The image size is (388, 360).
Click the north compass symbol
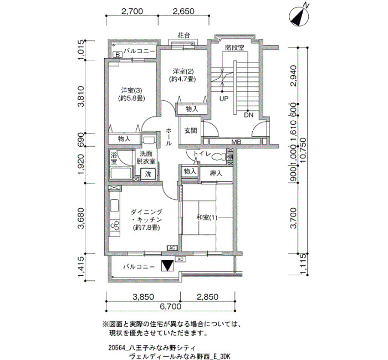(299, 17)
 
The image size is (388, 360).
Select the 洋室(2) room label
(183, 71)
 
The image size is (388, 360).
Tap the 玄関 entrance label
(191, 130)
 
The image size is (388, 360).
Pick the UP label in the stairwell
(224, 99)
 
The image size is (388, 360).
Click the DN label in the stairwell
(248, 115)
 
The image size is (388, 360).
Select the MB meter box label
(236, 142)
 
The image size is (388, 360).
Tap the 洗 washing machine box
(148, 173)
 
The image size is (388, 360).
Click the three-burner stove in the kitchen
(115, 225)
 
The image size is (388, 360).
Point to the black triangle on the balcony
(167, 266)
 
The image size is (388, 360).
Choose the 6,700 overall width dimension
(171, 306)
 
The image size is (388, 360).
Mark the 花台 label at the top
(184, 35)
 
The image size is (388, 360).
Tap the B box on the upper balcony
(118, 54)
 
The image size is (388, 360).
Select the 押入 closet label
(216, 173)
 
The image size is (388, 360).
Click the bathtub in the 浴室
(121, 173)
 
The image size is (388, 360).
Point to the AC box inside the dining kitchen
(172, 248)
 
